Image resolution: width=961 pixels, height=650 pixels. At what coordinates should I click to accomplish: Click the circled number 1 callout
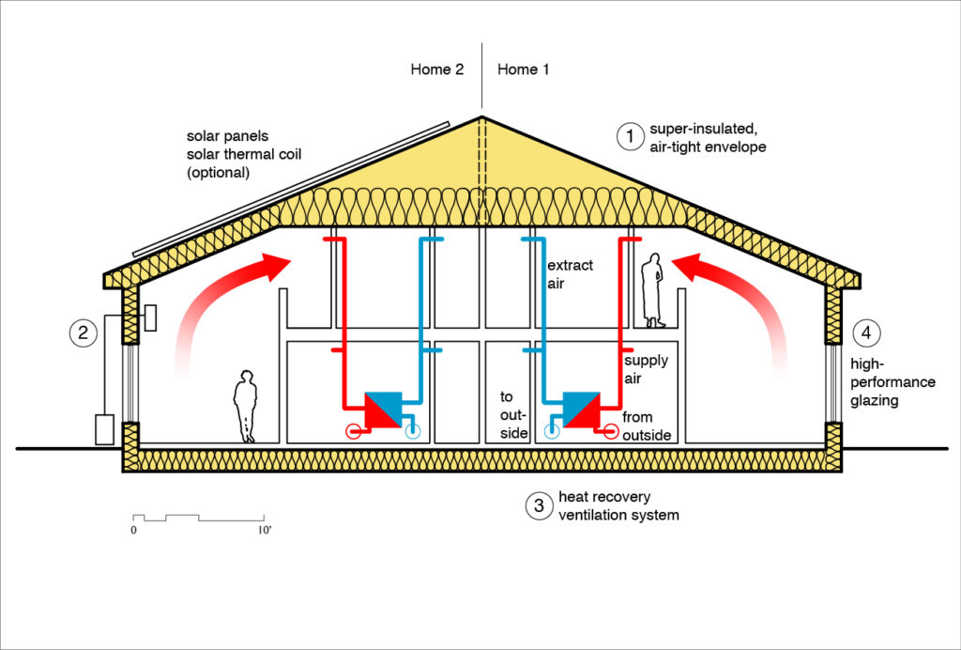628,136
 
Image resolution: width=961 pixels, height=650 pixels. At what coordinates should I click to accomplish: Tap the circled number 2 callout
84,332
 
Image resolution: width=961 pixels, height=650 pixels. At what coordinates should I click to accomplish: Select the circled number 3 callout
538,506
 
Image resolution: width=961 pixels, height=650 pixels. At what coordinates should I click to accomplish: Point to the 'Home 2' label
437,70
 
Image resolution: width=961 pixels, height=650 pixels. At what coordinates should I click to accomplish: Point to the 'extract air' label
569,274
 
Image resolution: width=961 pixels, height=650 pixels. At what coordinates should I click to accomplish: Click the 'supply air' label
646,369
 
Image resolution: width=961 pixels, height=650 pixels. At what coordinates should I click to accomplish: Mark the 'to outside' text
514,414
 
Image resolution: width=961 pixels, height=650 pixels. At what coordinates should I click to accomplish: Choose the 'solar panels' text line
227,136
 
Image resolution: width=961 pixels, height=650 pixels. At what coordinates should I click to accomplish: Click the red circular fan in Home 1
611,431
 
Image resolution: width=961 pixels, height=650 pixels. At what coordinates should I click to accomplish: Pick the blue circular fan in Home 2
412,432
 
